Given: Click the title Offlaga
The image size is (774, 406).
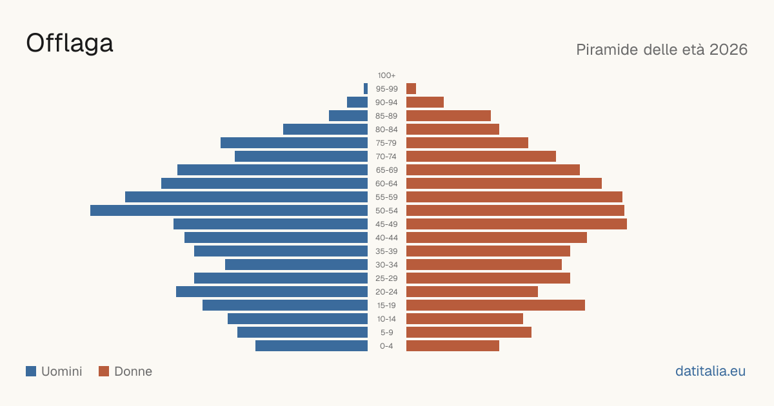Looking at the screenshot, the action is [x=70, y=44].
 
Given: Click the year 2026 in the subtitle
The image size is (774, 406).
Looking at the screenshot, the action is [x=728, y=50].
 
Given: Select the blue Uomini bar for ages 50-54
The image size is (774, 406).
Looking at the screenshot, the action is [x=229, y=211].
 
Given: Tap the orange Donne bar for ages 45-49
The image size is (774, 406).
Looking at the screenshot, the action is [x=517, y=224].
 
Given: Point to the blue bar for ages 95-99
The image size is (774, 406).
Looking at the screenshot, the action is [x=366, y=89].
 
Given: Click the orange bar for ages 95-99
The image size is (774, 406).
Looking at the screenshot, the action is [x=412, y=89].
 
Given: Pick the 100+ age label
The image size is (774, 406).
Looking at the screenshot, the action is [x=386, y=75].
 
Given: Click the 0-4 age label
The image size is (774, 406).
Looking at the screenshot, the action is [x=386, y=346].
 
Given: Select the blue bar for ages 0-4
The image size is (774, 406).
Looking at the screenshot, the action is [x=312, y=346].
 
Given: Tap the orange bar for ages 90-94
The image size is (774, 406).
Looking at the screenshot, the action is [x=425, y=102].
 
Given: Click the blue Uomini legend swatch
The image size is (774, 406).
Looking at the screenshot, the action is [x=31, y=371].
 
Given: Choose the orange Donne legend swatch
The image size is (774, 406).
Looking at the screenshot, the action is [x=104, y=371].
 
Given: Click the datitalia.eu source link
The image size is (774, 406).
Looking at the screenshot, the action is [x=710, y=371].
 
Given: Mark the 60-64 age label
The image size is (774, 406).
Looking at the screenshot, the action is [x=386, y=184].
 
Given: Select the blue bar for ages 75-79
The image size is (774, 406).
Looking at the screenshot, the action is [x=294, y=143].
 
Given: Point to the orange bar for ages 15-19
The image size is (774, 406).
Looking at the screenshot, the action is [x=495, y=305].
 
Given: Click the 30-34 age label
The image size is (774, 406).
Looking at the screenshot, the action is [x=386, y=265].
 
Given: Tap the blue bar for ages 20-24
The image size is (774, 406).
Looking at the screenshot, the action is [x=272, y=292].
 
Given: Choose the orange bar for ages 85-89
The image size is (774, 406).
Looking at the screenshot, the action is [x=448, y=115].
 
